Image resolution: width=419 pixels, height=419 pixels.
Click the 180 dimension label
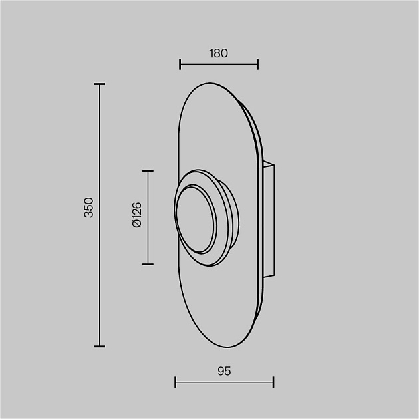point(219,53)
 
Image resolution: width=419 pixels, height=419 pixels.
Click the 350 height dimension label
point(88,208)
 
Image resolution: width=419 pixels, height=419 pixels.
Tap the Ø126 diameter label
point(137,215)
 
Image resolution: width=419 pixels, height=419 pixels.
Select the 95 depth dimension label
point(224,371)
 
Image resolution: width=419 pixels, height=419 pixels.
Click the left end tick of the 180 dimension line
point(180,64)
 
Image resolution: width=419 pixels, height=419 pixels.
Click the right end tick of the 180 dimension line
point(257,64)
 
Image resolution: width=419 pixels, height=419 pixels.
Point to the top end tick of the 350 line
point(99,84)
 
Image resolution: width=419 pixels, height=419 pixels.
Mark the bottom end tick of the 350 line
point(99,347)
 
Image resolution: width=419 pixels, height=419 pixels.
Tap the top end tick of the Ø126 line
point(148,170)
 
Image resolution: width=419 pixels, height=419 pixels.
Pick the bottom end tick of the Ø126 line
point(148,264)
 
